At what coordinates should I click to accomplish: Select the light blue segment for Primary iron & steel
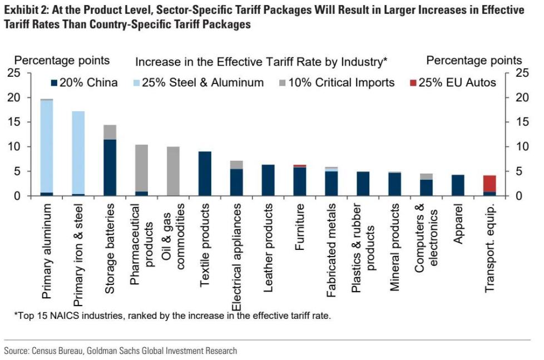pyautogui.click(x=78, y=152)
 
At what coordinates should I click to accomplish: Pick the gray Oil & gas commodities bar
pyautogui.click(x=173, y=171)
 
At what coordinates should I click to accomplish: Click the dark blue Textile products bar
pyautogui.click(x=205, y=174)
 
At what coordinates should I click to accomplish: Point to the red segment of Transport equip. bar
pyautogui.click(x=489, y=184)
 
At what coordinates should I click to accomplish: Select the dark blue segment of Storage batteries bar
pyautogui.click(x=110, y=167)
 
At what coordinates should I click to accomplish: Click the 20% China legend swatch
pyautogui.click(x=53, y=83)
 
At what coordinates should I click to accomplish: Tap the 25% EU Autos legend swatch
pyautogui.click(x=412, y=83)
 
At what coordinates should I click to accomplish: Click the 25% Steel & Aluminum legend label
pyautogui.click(x=202, y=83)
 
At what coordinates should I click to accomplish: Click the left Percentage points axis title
pyautogui.click(x=62, y=61)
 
